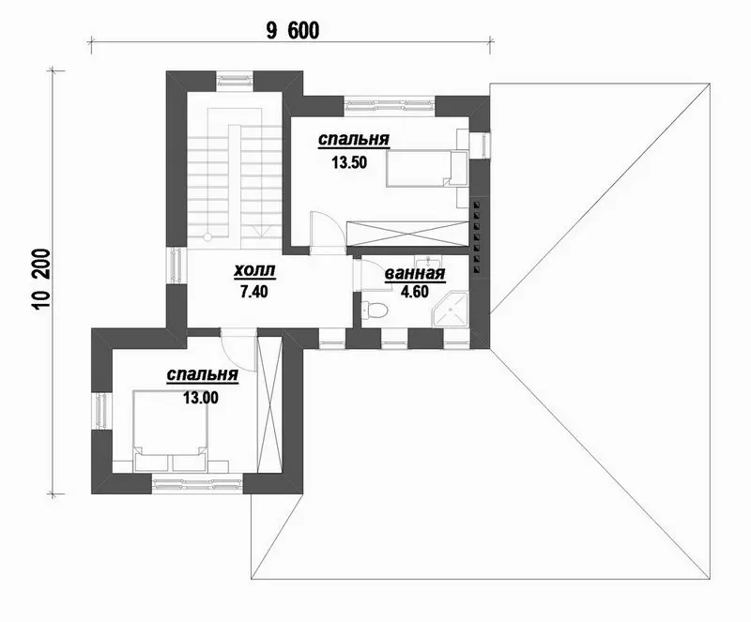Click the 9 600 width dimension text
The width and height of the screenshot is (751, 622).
292,31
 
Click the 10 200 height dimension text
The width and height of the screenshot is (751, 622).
42,281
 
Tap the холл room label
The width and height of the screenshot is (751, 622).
254,271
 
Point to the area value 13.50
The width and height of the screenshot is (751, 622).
349,163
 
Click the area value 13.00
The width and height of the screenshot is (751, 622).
201,398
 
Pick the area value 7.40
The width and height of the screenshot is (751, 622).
254,291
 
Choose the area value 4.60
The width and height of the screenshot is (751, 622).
415,292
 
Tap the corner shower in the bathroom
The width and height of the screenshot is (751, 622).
451,310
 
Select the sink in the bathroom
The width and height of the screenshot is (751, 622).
429,262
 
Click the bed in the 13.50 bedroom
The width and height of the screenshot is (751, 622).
426,168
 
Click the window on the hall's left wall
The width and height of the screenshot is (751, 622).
176,265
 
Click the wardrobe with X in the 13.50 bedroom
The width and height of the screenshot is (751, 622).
406,234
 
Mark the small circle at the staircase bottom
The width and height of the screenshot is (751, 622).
207,237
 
